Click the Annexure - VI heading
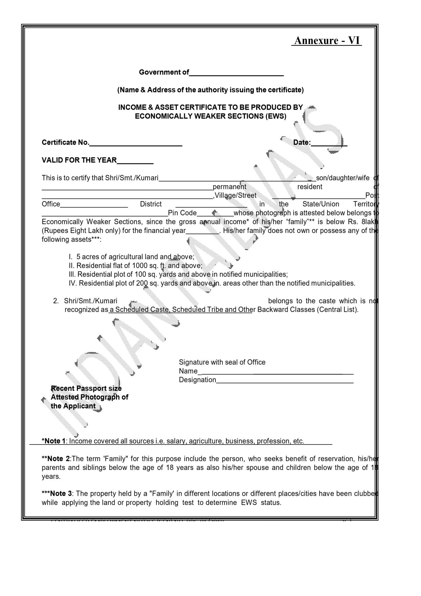click(x=327, y=40)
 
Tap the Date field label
click(x=302, y=143)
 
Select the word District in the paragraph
click(x=151, y=204)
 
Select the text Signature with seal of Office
click(x=222, y=362)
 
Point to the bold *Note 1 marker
click(x=54, y=441)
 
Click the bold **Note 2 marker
click(x=56, y=459)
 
